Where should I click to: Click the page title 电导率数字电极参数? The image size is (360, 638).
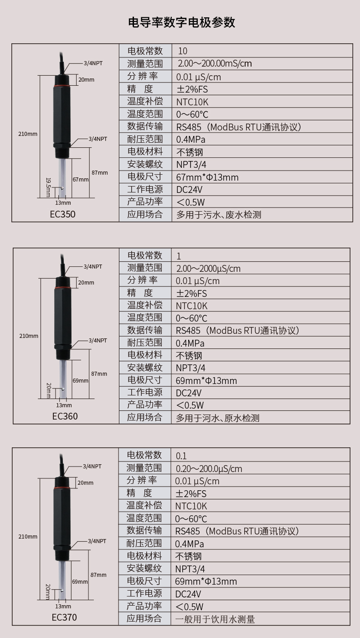[181, 22]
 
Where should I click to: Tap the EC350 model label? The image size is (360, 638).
[63, 214]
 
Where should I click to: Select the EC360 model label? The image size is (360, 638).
[65, 416]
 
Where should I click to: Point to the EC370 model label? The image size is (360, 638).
[64, 617]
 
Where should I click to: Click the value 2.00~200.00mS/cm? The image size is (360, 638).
[214, 63]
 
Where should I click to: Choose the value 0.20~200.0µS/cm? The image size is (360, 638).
[208, 468]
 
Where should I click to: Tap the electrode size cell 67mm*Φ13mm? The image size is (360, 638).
[207, 177]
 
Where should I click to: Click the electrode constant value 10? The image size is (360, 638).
[182, 51]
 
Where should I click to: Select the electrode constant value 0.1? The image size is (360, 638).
[181, 456]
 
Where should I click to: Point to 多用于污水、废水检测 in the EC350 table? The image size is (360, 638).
[219, 214]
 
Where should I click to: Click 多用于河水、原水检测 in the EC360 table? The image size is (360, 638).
[217, 418]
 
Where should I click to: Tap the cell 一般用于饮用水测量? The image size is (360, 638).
[215, 619]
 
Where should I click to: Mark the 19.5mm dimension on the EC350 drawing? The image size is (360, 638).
[47, 187]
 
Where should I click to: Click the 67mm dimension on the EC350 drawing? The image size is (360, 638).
[80, 179]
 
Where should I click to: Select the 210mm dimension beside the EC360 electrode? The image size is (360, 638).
[29, 336]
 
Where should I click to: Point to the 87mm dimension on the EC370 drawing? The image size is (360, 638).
[98, 575]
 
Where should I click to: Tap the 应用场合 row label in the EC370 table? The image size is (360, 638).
[144, 618]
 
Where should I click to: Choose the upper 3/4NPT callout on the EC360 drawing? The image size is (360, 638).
[93, 266]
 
